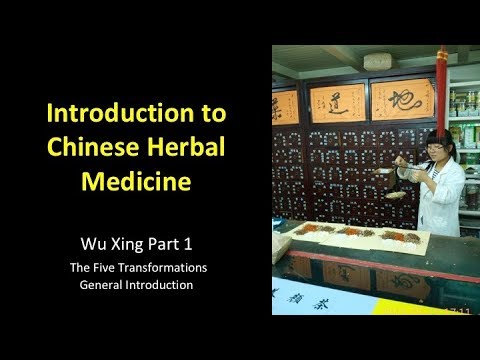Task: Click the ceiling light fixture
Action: [380, 62]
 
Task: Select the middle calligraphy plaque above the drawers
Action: [337, 101]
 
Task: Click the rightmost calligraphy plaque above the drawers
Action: [402, 97]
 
